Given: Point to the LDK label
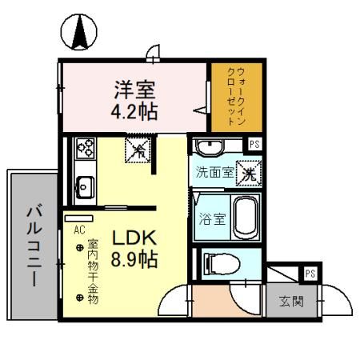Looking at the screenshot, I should [133, 239].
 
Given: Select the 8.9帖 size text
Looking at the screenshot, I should [133, 260].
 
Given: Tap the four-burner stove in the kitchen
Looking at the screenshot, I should [84, 149].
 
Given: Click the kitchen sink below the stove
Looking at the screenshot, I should [83, 188].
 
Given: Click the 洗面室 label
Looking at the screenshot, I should [215, 172].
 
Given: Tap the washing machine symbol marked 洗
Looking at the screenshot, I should [249, 171].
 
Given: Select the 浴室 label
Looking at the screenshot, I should [211, 217].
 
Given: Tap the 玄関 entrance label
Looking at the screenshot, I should [290, 302].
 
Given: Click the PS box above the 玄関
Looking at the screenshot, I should [310, 274].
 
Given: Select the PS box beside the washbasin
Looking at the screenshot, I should [254, 145].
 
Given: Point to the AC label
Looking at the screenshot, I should [78, 229].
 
